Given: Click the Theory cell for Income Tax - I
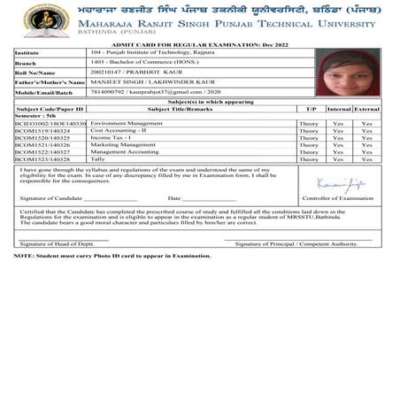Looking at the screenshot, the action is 308,138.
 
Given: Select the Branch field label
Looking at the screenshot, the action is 27,63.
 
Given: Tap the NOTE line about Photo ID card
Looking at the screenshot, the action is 113,256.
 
